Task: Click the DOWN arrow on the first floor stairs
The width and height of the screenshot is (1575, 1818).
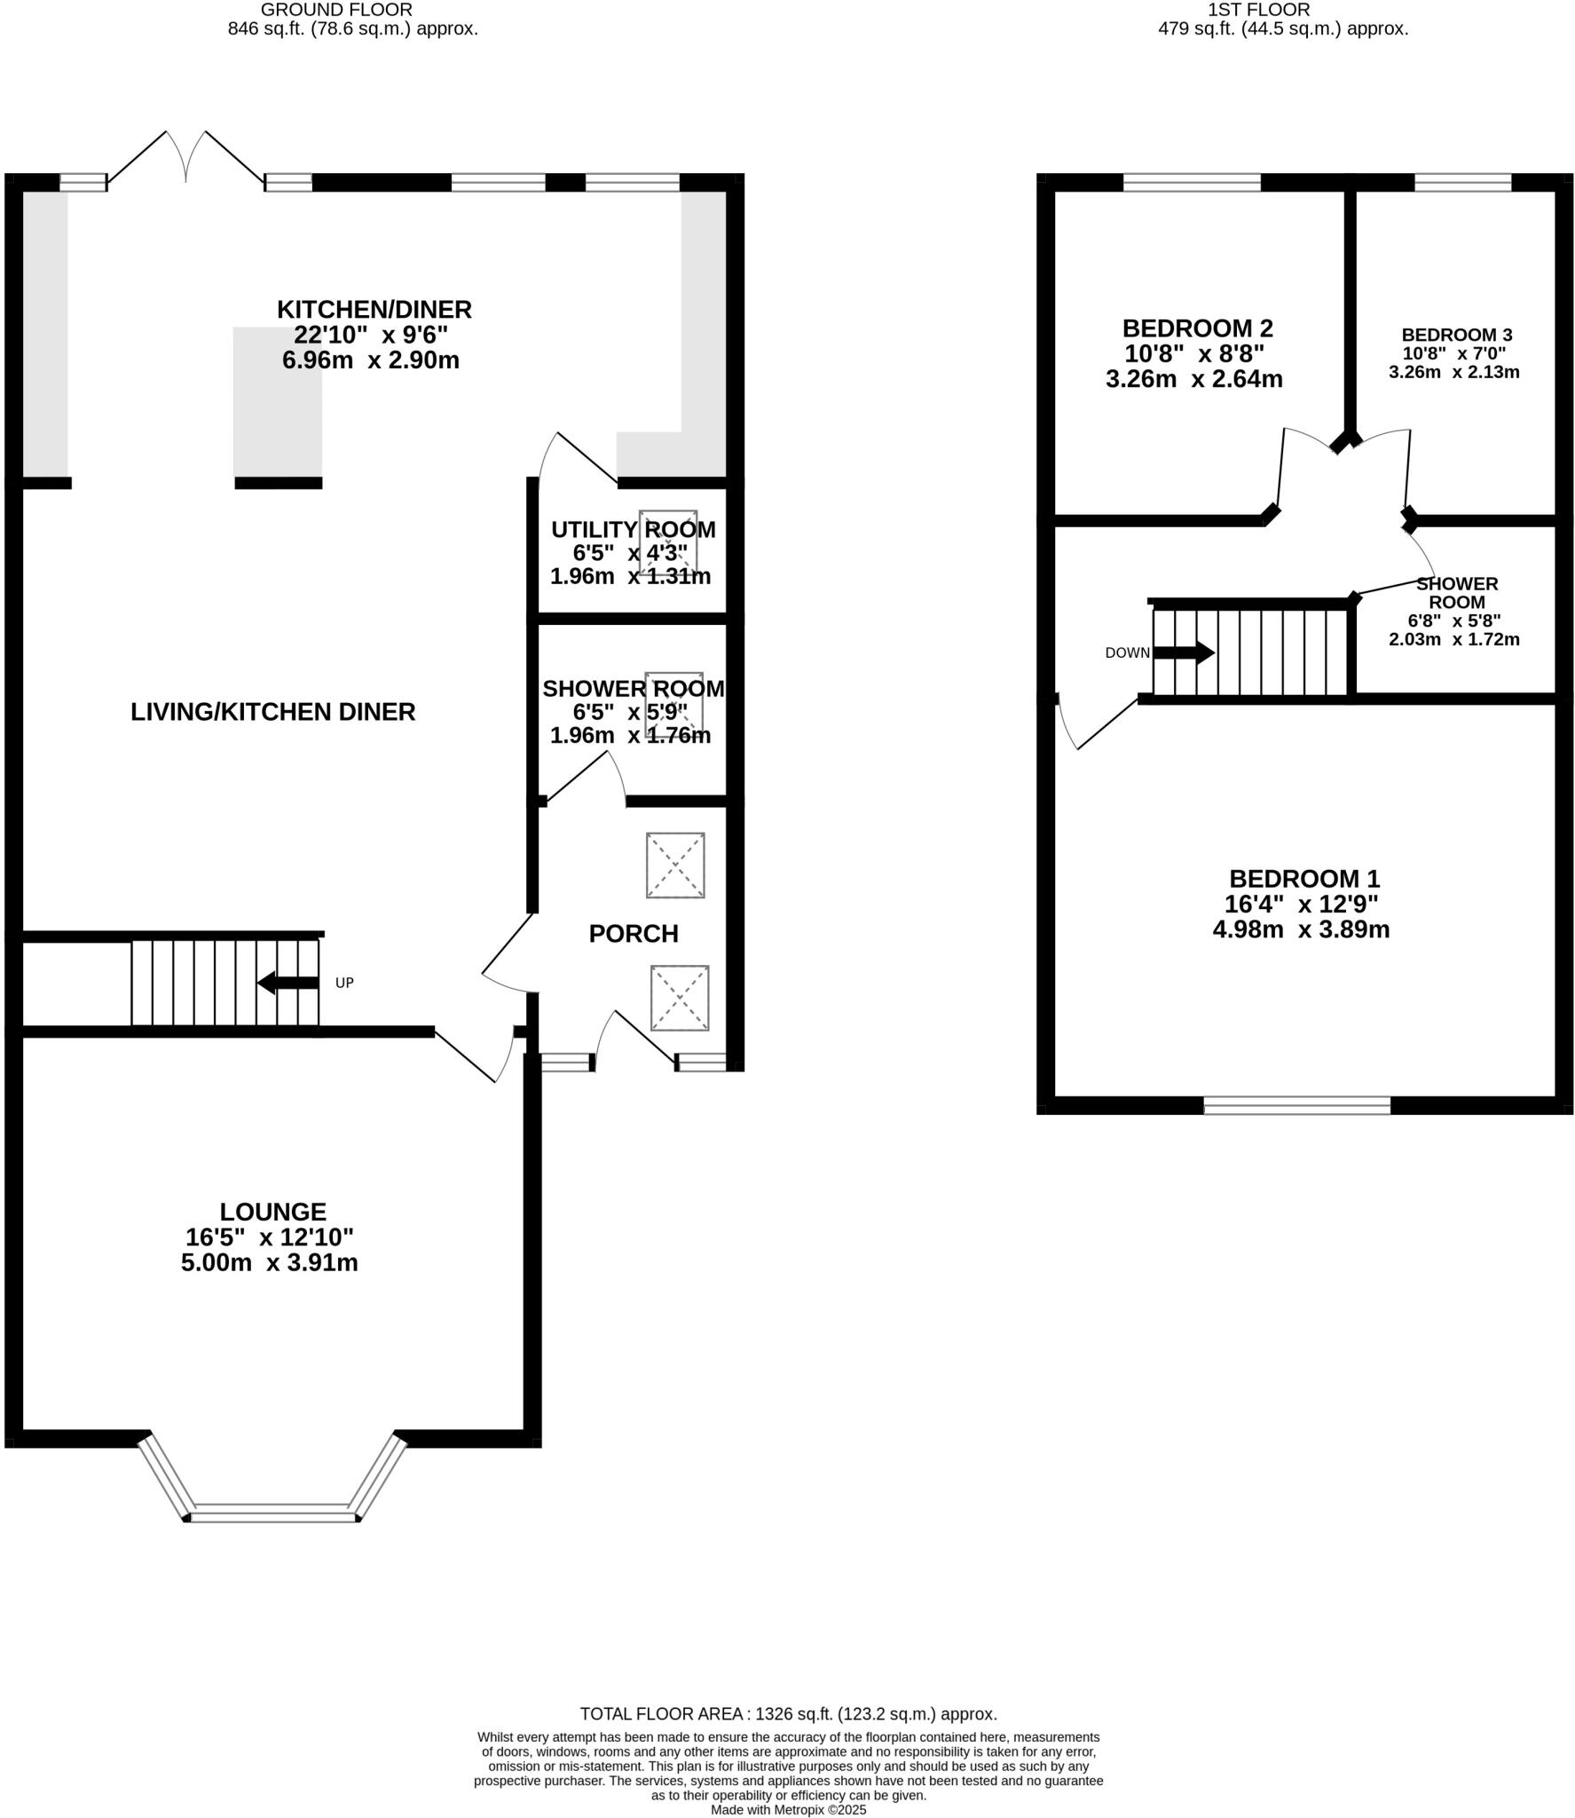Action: tap(1184, 652)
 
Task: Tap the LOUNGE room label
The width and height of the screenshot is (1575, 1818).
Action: tap(272, 1211)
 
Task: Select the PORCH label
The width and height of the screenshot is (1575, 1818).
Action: tap(633, 933)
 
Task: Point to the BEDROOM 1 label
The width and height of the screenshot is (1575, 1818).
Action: tap(1303, 878)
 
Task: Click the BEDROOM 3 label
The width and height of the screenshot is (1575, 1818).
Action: tap(1456, 335)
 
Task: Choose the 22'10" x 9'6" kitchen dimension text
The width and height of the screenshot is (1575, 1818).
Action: tap(371, 335)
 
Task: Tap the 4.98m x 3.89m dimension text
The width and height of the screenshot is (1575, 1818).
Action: tap(1300, 929)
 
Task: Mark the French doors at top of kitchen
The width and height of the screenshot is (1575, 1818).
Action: tap(185, 160)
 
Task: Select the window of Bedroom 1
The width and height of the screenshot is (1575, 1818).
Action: tap(1296, 1104)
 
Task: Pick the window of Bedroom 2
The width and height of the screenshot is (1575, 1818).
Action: tap(1191, 182)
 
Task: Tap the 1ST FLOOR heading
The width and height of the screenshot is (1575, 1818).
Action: tap(1258, 10)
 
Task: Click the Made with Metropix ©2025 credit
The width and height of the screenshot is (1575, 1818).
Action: tap(788, 1809)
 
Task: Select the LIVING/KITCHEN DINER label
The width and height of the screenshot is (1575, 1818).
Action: tap(272, 711)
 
